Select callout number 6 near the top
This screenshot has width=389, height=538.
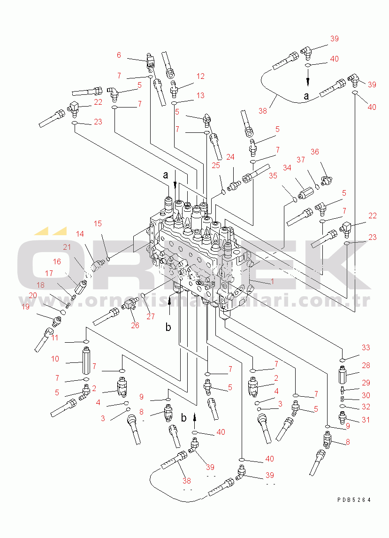[119, 55]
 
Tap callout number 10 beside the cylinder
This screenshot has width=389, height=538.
[55, 359]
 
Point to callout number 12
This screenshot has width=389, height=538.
[200, 76]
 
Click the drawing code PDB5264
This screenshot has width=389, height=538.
[353, 500]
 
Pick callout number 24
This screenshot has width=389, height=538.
[230, 157]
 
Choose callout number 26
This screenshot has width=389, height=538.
[135, 325]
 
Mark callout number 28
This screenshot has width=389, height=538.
[366, 365]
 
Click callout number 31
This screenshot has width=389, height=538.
[366, 420]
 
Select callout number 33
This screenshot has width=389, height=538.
[366, 347]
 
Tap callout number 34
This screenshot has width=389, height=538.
[287, 169]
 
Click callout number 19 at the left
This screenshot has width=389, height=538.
[25, 307]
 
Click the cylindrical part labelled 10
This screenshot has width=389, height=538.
[86, 360]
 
